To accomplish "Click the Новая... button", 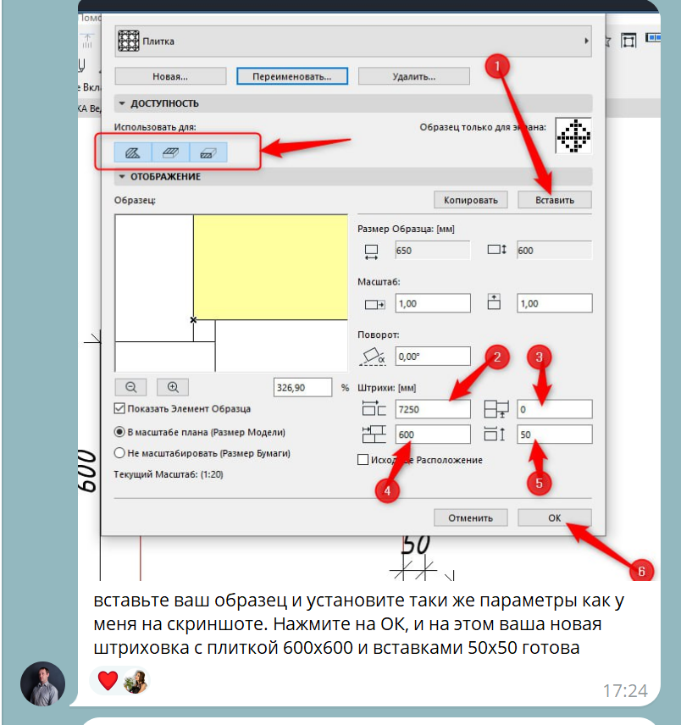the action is (x=170, y=76).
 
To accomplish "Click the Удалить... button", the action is (x=414, y=76).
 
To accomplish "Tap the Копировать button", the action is (x=471, y=200).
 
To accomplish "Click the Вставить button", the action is (x=555, y=200).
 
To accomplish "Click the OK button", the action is (x=554, y=517).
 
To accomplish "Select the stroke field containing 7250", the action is (x=433, y=409).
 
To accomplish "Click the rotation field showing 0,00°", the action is (x=433, y=357).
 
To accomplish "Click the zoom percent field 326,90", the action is (x=302, y=387).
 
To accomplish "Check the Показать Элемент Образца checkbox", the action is (x=119, y=408).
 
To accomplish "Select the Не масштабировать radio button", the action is (x=119, y=452).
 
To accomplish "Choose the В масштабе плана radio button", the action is (x=119, y=432).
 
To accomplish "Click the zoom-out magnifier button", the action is (x=130, y=387).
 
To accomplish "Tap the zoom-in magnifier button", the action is (x=173, y=387).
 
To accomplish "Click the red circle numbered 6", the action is (x=641, y=571).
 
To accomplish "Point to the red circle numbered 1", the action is (x=497, y=66).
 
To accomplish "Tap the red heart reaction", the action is (x=108, y=681).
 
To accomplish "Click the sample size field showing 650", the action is (x=433, y=250).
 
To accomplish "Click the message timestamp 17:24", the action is (x=625, y=691).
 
